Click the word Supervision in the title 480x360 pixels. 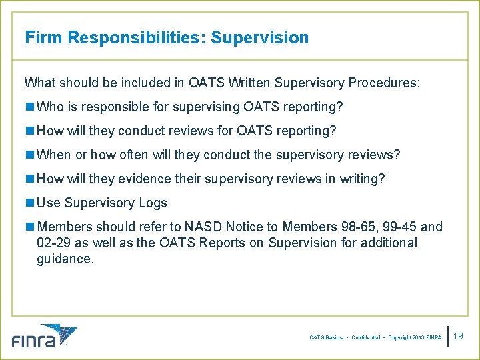[x=259, y=37]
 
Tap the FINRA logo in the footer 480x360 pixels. [x=44, y=336]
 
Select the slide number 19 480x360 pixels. [x=457, y=336]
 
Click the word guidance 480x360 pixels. [x=65, y=259]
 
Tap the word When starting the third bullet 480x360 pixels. [x=54, y=155]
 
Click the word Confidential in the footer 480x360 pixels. [x=365, y=338]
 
